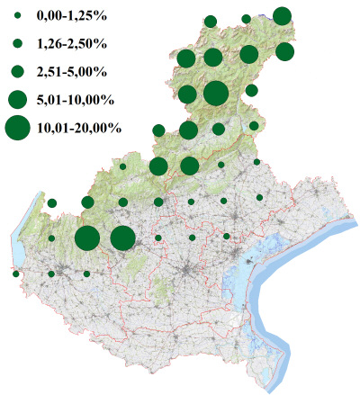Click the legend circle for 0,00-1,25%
(x=17, y=17)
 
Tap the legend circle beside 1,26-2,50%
(x=17, y=43)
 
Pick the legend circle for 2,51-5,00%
(x=17, y=71)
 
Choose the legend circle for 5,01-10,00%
(x=17, y=98)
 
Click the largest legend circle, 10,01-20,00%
(x=17, y=129)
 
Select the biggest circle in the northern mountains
(x=215, y=93)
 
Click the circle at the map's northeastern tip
(x=282, y=15)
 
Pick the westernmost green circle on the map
(x=16, y=274)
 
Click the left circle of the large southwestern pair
(x=87, y=238)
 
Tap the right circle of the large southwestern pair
(x=123, y=238)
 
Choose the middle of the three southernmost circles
(x=51, y=274)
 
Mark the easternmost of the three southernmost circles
(x=86, y=274)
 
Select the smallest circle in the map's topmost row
(x=246, y=18)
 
